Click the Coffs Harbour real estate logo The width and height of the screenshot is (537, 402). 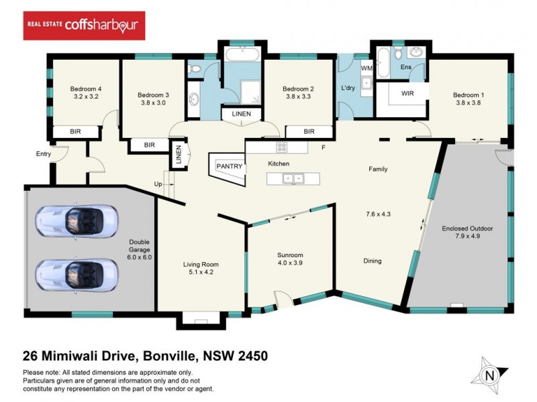pyautogui.click(x=83, y=25)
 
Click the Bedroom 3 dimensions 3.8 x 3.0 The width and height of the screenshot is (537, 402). pyautogui.click(x=153, y=104)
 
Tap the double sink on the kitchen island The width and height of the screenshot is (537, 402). pyautogui.click(x=293, y=179)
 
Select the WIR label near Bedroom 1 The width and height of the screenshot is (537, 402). pyautogui.click(x=407, y=94)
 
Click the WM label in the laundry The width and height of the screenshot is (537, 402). pyautogui.click(x=367, y=68)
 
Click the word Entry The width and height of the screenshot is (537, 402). pyautogui.click(x=44, y=154)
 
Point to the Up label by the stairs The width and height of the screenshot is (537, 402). pyautogui.click(x=158, y=184)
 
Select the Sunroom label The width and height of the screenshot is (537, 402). pyautogui.click(x=291, y=255)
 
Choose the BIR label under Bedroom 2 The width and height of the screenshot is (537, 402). pyautogui.click(x=309, y=132)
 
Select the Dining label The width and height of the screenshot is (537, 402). pyautogui.click(x=373, y=261)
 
